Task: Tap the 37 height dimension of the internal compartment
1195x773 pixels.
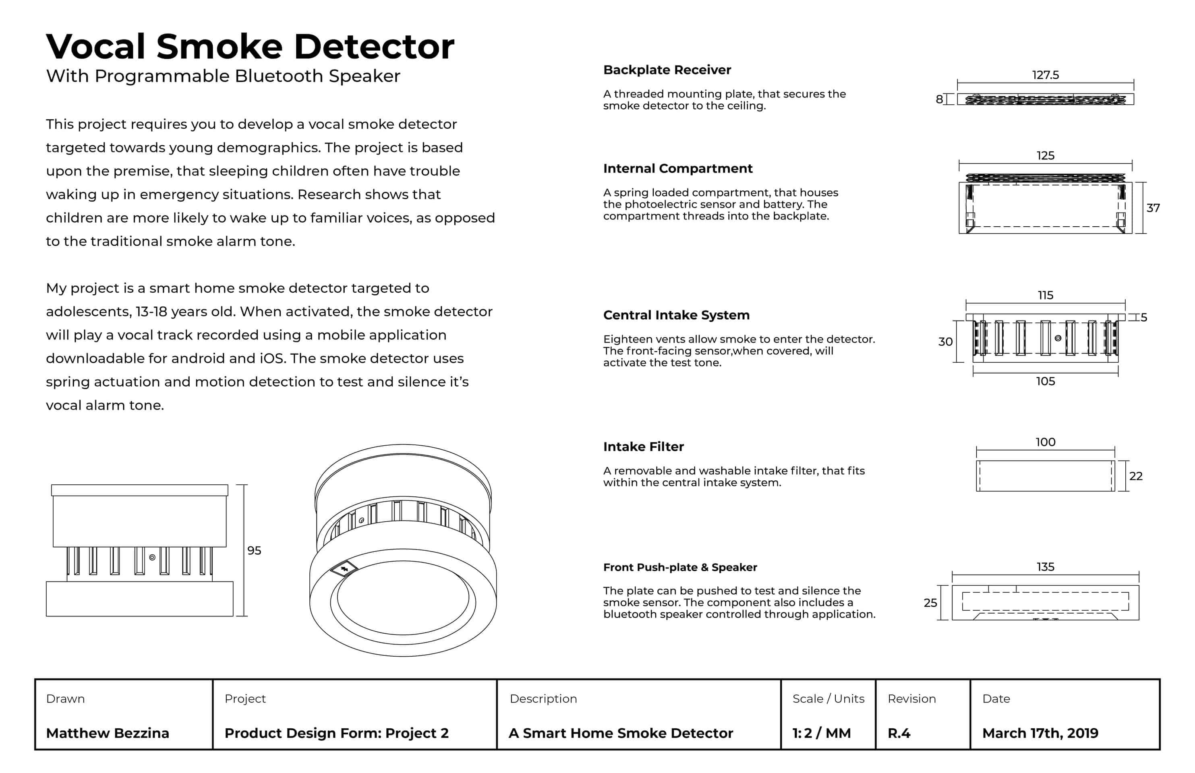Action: click(x=1153, y=208)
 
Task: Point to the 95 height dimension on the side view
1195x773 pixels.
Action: click(x=254, y=551)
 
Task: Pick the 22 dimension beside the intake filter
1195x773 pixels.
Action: click(x=1136, y=476)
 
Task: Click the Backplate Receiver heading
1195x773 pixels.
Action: click(x=667, y=70)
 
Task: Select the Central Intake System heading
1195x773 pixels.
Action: click(x=676, y=315)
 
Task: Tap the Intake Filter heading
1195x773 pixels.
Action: click(x=643, y=447)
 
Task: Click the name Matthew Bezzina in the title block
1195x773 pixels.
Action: click(x=108, y=734)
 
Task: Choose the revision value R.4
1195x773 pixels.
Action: click(x=899, y=734)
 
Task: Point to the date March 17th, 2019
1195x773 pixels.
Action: click(x=1040, y=734)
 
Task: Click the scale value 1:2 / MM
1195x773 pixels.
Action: click(x=822, y=734)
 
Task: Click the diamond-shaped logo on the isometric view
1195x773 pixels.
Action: click(x=344, y=569)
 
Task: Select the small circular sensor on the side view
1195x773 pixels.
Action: click(x=152, y=557)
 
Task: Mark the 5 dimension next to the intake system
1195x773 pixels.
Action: click(x=1144, y=317)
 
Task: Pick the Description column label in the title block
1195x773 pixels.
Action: click(x=543, y=699)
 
